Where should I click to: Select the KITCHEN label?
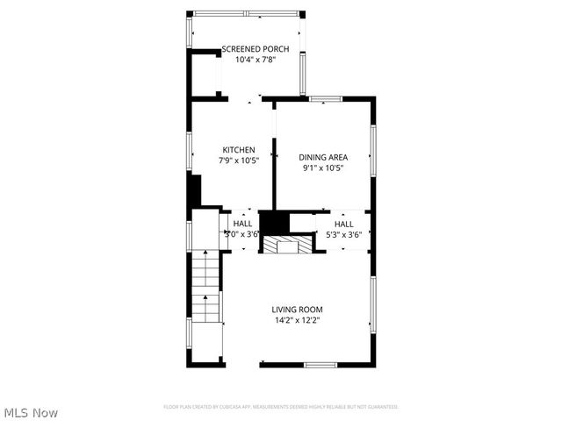(x=238, y=149)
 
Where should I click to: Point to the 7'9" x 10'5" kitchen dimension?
(x=238, y=161)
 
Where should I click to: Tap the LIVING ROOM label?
(x=297, y=310)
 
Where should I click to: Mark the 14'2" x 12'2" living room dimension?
(x=297, y=321)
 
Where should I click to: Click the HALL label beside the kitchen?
(x=242, y=224)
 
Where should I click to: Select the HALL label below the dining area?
(x=344, y=224)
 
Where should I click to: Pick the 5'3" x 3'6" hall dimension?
(x=344, y=234)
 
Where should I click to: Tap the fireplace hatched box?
(x=286, y=245)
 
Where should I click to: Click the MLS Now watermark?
(x=32, y=411)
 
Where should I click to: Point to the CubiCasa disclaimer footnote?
(x=281, y=407)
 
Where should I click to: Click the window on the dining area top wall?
(x=325, y=98)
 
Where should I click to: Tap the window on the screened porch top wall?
(x=246, y=14)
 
